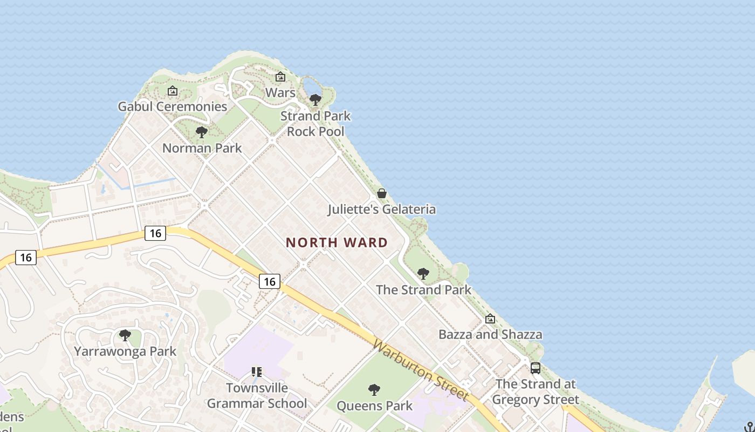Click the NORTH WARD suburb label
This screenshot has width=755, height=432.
pyautogui.click(x=337, y=242)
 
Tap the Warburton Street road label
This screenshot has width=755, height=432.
pyautogui.click(x=421, y=370)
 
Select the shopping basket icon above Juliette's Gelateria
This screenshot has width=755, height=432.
pyautogui.click(x=382, y=193)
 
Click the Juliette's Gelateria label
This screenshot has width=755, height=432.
pyautogui.click(x=382, y=209)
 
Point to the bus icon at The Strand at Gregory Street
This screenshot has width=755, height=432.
pyautogui.click(x=536, y=368)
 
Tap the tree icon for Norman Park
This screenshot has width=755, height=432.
pyautogui.click(x=202, y=132)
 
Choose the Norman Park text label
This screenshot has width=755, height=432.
pyautogui.click(x=202, y=148)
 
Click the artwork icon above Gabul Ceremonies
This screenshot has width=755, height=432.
pyautogui.click(x=173, y=91)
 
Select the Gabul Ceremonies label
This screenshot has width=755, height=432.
pyautogui.click(x=173, y=106)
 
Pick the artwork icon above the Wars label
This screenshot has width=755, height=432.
pyautogui.click(x=280, y=77)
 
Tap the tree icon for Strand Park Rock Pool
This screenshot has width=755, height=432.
pyautogui.click(x=315, y=100)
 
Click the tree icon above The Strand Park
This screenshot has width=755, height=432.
pyautogui.click(x=423, y=274)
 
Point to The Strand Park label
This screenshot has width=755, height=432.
pyautogui.click(x=423, y=289)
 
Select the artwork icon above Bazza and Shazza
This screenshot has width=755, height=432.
pyautogui.click(x=490, y=319)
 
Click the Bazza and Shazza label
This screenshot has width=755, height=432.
pyautogui.click(x=490, y=334)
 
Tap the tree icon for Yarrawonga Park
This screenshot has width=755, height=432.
pyautogui.click(x=125, y=335)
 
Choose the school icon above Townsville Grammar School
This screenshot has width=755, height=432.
pyautogui.click(x=257, y=372)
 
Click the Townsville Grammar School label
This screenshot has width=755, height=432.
pyautogui.click(x=257, y=395)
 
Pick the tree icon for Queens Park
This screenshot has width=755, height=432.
pyautogui.click(x=374, y=390)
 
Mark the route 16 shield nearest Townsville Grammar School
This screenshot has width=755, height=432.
pyautogui.click(x=270, y=281)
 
